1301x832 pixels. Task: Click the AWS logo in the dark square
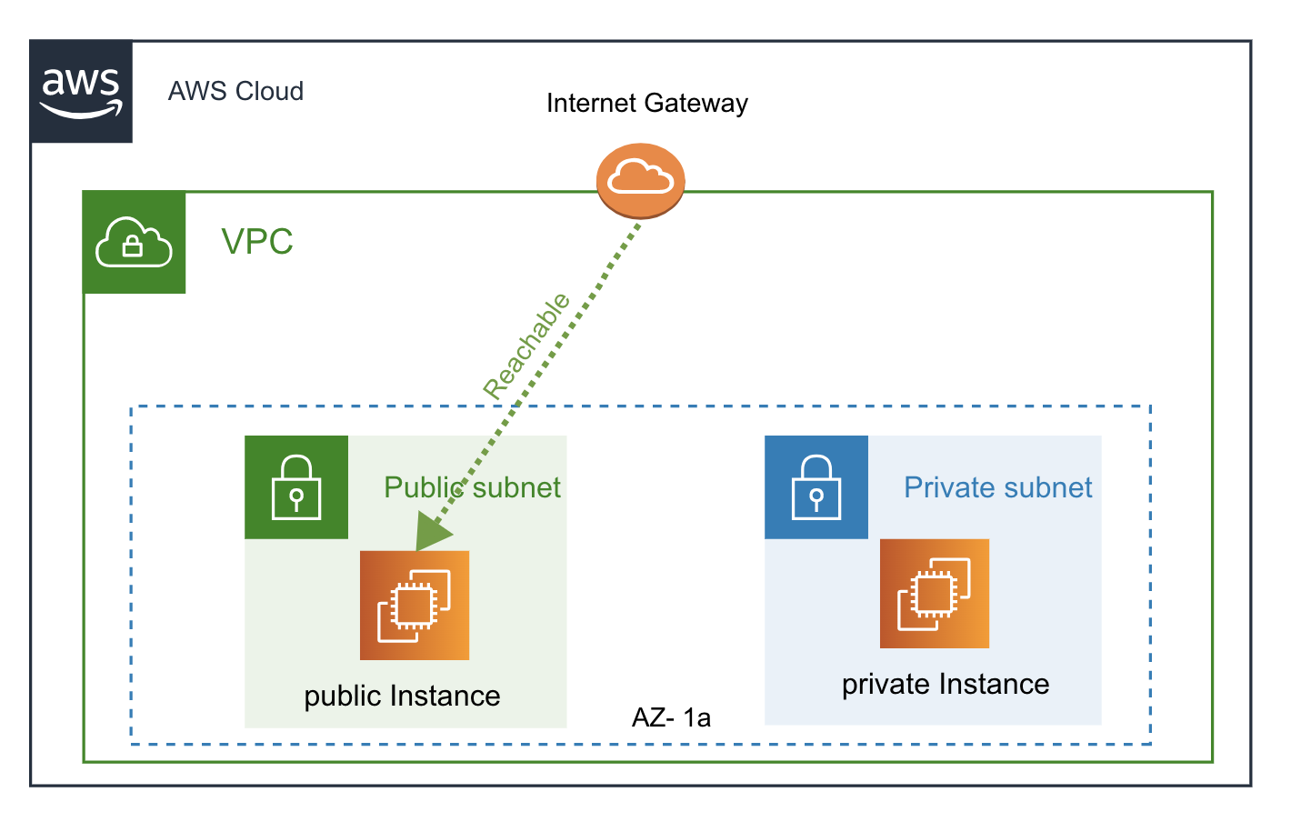tap(82, 91)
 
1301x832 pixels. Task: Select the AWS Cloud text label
tap(235, 92)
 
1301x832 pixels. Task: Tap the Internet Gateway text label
tap(646, 104)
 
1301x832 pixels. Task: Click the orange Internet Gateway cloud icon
tap(640, 180)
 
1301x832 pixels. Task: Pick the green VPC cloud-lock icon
tap(134, 242)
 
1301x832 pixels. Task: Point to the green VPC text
tap(257, 242)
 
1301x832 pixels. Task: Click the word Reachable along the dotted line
tap(526, 346)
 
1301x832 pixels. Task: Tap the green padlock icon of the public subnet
tap(296, 487)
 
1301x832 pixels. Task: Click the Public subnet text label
tap(472, 487)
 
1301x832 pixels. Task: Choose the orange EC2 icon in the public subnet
tap(415, 605)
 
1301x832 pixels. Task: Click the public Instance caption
tap(402, 696)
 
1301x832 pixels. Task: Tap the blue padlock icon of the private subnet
tap(816, 487)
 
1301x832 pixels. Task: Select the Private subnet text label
tap(997, 487)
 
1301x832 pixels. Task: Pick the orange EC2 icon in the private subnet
tap(934, 593)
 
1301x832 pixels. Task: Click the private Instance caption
tap(946, 684)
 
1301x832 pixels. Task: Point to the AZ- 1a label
tap(671, 718)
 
